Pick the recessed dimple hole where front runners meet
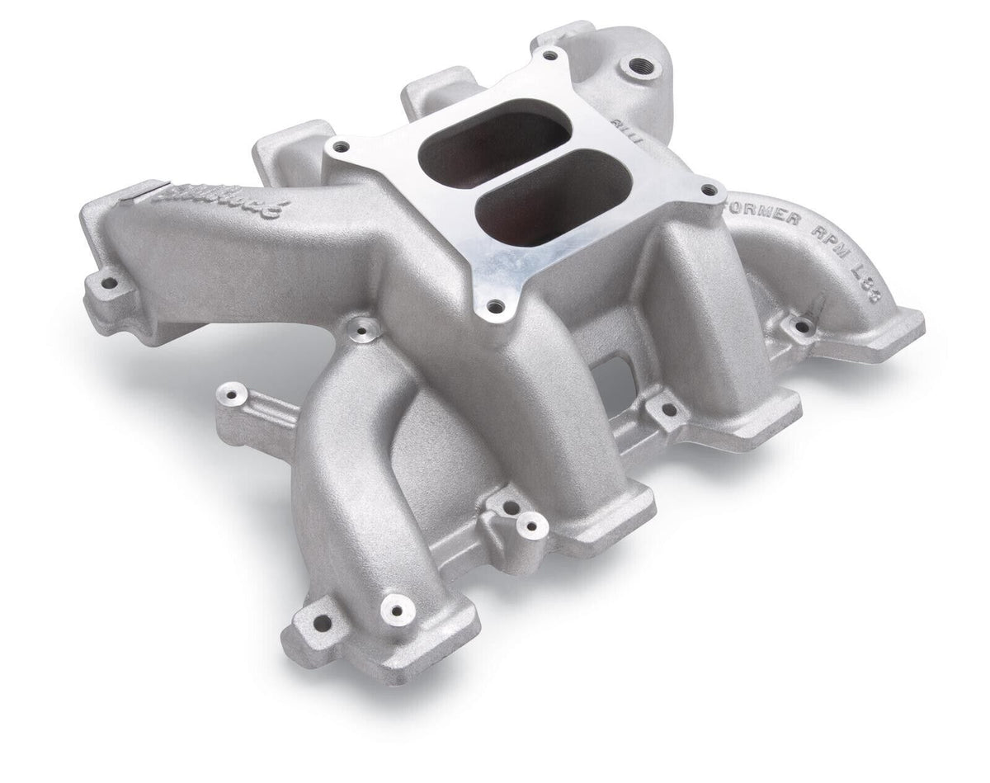pyautogui.click(x=361, y=333)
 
